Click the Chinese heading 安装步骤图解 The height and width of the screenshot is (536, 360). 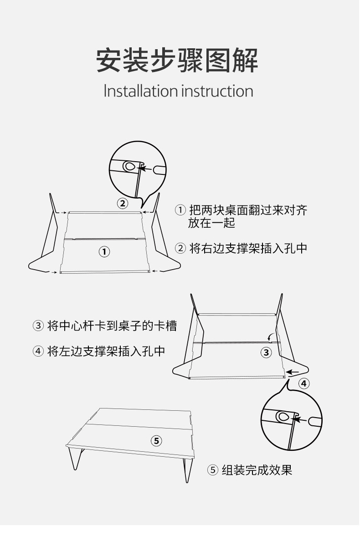tap(177, 61)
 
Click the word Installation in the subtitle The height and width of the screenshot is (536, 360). tap(140, 91)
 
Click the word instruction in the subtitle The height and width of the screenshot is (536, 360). tap(217, 91)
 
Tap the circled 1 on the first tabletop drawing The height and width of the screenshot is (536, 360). tap(104, 252)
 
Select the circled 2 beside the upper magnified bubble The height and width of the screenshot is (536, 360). tap(123, 204)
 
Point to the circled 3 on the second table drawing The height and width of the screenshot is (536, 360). tap(266, 352)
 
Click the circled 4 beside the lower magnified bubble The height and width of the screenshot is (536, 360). tap(304, 383)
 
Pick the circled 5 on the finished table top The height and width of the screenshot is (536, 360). tap(156, 441)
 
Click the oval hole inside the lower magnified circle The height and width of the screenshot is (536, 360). tap(283, 417)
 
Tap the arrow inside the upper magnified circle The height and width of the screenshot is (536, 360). tap(146, 168)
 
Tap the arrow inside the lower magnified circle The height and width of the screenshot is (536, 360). tap(300, 419)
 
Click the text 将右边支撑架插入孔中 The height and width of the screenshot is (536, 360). tap(248, 248)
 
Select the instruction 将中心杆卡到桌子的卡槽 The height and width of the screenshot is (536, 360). tap(112, 326)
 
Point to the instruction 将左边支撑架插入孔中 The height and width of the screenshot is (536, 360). tap(106, 351)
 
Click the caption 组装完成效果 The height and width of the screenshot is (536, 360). tap(257, 470)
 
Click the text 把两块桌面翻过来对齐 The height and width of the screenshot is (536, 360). tap(248, 210)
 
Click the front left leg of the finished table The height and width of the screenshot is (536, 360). tap(75, 458)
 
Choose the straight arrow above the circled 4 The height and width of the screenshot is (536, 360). tap(293, 372)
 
